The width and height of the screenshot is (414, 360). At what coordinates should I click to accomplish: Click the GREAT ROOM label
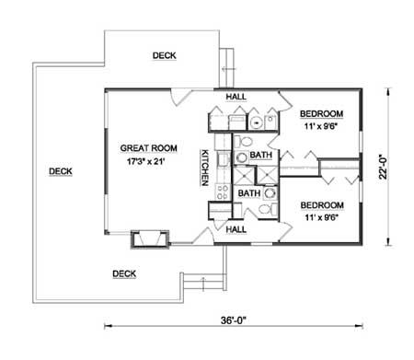[149, 148]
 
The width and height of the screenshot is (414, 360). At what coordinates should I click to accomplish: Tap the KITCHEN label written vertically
[205, 168]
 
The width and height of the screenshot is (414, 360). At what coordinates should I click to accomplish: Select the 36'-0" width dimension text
[234, 320]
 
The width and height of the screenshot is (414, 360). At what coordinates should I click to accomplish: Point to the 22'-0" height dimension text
[383, 166]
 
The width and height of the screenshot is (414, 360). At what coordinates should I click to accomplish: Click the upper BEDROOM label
[321, 114]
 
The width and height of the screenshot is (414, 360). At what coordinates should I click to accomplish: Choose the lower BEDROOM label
[322, 205]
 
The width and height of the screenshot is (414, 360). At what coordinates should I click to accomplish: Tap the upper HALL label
[236, 97]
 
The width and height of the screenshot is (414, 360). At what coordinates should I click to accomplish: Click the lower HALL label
[236, 229]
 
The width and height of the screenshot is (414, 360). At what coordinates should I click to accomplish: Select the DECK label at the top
[165, 55]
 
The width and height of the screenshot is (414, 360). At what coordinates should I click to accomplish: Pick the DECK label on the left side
[61, 171]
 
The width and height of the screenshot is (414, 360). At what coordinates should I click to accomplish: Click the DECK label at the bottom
[124, 273]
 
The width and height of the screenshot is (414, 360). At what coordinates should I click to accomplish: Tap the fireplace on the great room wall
[150, 239]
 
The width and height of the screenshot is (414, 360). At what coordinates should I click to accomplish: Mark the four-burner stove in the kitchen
[222, 192]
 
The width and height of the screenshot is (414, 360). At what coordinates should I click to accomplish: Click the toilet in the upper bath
[245, 142]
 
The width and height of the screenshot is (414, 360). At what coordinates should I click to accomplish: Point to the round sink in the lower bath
[270, 193]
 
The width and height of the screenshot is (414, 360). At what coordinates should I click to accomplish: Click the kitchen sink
[223, 159]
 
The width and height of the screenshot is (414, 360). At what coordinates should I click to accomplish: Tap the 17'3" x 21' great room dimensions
[146, 161]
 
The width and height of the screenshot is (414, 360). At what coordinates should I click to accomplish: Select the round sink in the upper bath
[242, 157]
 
